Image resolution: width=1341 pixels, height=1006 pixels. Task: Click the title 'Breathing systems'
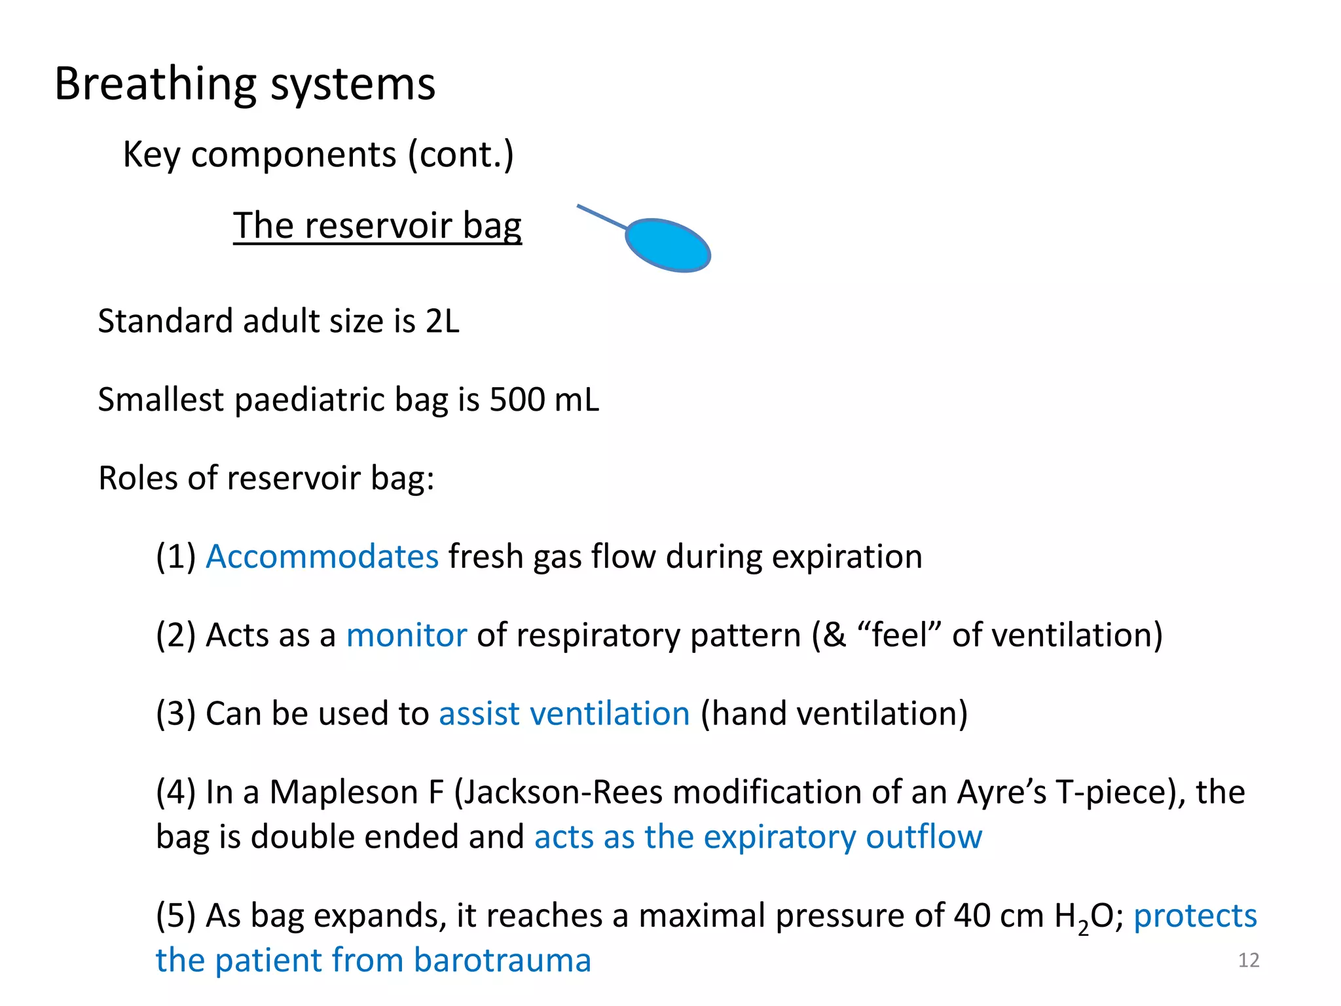pos(244,84)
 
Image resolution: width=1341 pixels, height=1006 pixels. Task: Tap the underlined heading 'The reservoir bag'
pos(377,226)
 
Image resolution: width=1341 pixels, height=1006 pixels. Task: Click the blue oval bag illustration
pos(668,245)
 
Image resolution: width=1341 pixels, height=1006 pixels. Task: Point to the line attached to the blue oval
pos(601,217)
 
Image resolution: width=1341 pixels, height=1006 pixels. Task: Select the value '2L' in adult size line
pos(443,321)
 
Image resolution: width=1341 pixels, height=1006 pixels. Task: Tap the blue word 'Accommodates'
pos(321,557)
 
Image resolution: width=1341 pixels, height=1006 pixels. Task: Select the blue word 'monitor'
pos(406,635)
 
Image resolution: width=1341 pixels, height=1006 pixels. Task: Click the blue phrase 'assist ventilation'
pos(564,713)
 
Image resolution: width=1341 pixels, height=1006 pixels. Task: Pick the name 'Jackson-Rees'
pos(563,792)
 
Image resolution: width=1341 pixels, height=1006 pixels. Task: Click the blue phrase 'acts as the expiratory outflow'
pos(758,837)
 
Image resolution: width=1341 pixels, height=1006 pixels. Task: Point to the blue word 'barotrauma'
pos(502,960)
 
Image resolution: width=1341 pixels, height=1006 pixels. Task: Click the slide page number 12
pos(1249,960)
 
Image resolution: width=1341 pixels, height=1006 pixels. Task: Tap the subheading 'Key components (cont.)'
pos(318,155)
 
